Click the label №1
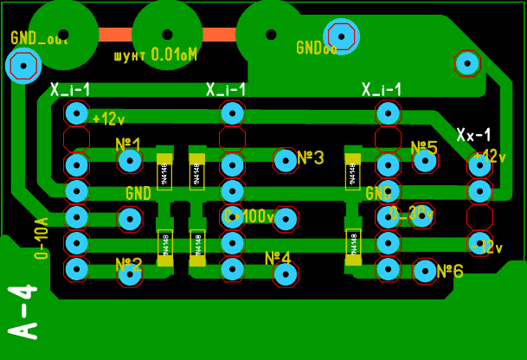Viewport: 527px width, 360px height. pos(128,144)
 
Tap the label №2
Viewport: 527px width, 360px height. pos(129,264)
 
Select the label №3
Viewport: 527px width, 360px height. pos(310,157)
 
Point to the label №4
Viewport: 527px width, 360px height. pos(278,258)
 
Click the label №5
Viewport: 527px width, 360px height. pos(424,148)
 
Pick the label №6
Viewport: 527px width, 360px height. pos(450,271)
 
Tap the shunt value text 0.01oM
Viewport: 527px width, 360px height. pos(174,55)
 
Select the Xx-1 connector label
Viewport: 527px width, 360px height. pos(473,135)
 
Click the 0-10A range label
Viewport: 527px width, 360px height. pos(41,238)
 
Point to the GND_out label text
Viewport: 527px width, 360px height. pos(39,38)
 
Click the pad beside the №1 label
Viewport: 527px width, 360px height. pos(130,161)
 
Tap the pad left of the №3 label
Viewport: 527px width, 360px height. pos(285,159)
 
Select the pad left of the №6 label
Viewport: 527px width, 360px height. pos(425,272)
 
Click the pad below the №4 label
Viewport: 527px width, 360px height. pos(286,274)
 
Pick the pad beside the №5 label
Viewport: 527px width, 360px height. pos(425,160)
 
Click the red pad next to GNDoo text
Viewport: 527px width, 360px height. pos(341,36)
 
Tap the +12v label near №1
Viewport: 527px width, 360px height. pos(108,119)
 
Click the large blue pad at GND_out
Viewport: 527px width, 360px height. pos(22,66)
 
